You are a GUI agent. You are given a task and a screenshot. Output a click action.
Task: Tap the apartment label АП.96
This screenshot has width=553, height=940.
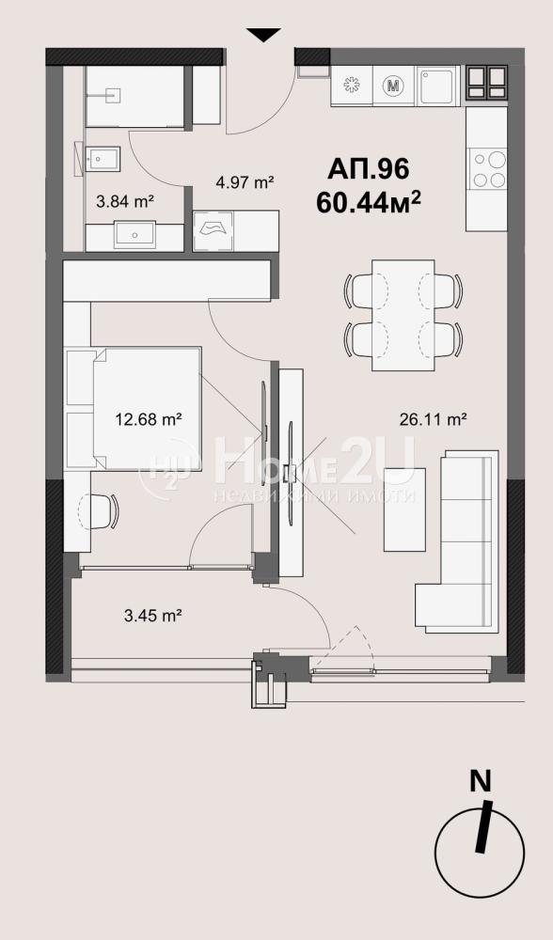(369, 169)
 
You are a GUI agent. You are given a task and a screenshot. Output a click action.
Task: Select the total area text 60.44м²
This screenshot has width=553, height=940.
(369, 203)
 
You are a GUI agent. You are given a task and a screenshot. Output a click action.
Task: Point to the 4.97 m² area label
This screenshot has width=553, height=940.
(245, 181)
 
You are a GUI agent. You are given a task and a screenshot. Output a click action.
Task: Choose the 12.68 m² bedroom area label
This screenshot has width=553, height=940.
(149, 419)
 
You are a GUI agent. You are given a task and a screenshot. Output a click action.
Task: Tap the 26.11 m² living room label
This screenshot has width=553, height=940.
(433, 419)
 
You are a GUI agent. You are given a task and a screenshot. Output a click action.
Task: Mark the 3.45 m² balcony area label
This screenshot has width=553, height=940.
(153, 615)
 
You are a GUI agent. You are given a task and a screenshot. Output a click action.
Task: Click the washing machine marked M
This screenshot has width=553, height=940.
(393, 86)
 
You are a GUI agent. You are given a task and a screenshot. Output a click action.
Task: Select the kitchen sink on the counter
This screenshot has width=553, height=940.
(437, 86)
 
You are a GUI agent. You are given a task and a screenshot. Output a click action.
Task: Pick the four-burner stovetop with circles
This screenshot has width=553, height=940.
(489, 169)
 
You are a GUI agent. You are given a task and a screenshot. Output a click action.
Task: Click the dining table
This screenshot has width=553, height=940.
(403, 315)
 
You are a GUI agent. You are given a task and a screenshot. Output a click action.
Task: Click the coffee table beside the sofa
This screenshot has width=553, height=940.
(404, 509)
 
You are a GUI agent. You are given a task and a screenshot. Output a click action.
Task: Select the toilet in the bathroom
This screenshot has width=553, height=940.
(102, 159)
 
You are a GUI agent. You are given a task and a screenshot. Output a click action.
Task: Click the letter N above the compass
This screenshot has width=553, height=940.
(480, 781)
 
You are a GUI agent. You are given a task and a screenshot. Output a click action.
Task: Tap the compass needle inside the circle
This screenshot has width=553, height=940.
(483, 826)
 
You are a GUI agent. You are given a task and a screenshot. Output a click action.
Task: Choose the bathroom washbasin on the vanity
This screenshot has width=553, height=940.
(134, 235)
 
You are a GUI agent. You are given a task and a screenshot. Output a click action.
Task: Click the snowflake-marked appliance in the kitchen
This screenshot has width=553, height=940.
(352, 86)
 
